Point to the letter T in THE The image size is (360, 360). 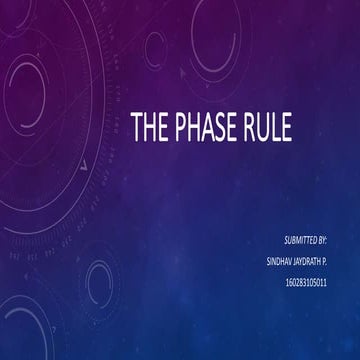[x=137, y=127]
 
